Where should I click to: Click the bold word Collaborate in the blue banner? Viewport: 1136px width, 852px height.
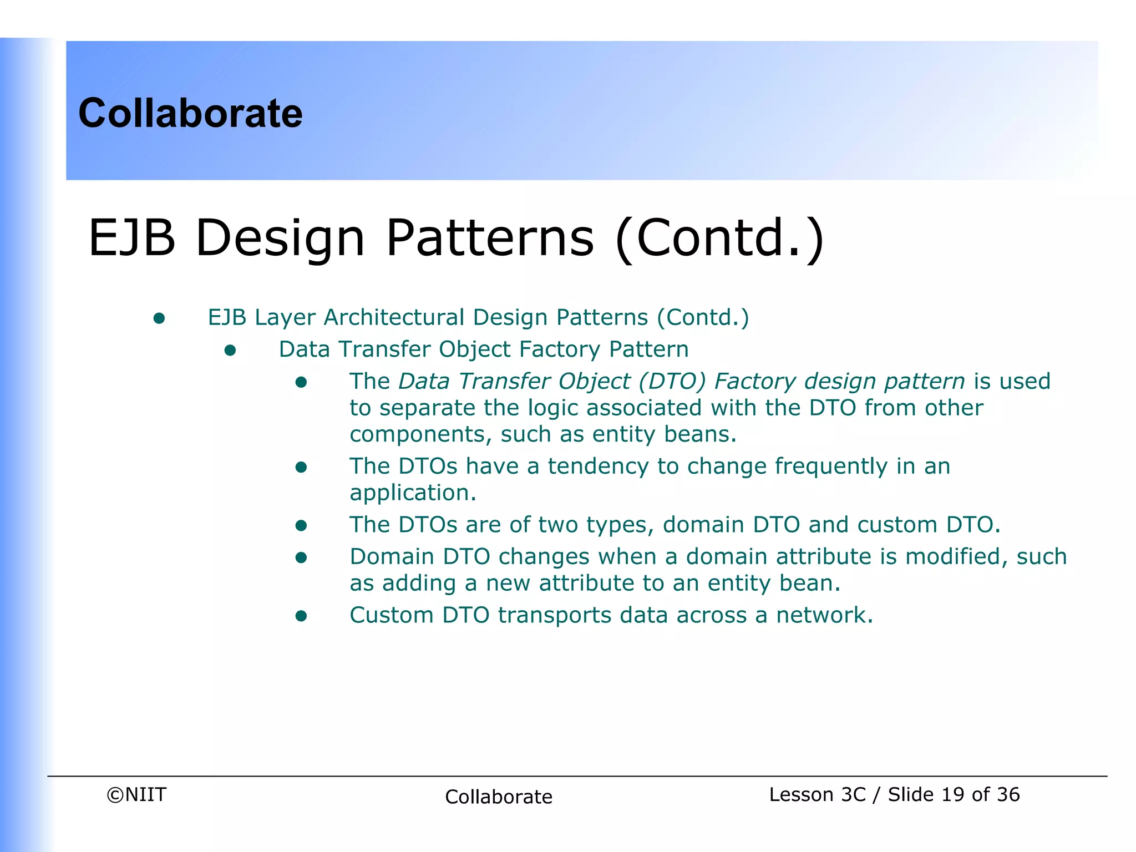(190, 113)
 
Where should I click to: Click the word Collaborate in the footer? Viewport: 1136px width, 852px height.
(498, 797)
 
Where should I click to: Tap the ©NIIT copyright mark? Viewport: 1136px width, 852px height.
(136, 794)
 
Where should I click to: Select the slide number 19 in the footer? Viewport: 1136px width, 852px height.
(952, 794)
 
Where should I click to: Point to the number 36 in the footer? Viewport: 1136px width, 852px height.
(1007, 794)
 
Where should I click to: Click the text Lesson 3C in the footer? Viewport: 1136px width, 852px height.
(817, 794)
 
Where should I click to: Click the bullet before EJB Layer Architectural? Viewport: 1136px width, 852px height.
(159, 318)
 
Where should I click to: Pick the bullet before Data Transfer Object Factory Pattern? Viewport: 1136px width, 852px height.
(230, 350)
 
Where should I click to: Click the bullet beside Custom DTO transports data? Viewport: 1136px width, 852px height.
(301, 616)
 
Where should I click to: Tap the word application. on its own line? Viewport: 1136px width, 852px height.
(413, 493)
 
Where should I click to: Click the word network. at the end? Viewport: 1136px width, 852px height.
(824, 615)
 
